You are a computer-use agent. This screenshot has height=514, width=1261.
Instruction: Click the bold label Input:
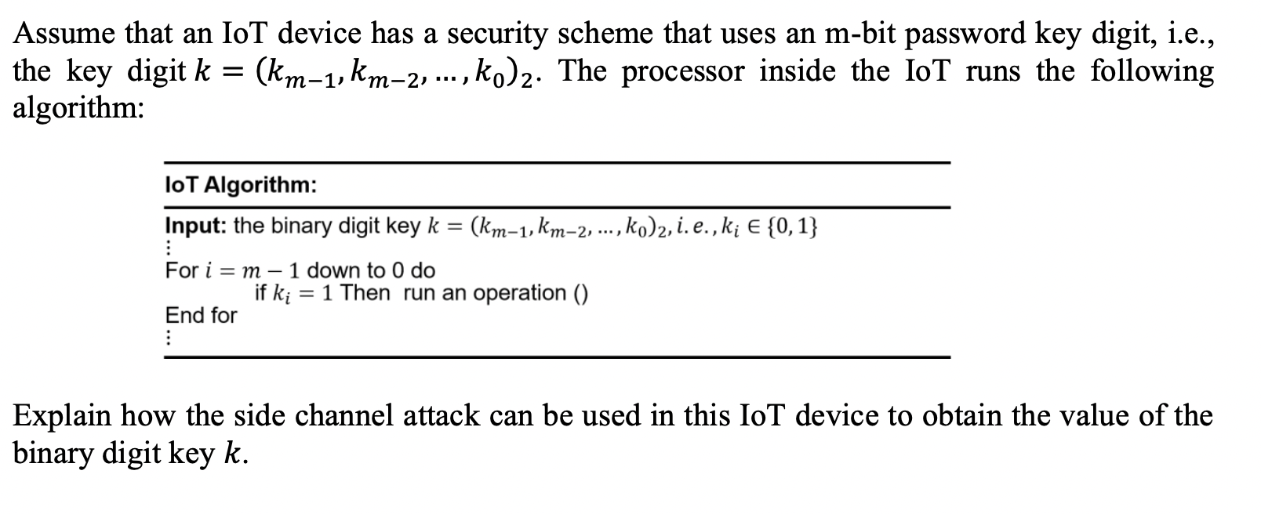pyautogui.click(x=196, y=226)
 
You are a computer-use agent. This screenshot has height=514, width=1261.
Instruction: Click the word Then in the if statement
pyautogui.click(x=365, y=293)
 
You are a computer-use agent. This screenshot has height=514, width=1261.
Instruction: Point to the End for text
pyautogui.click(x=201, y=316)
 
